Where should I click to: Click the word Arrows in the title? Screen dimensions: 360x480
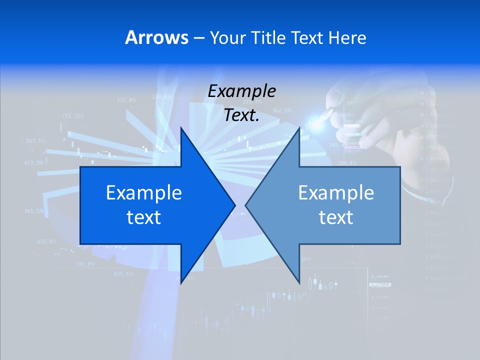pyautogui.click(x=156, y=37)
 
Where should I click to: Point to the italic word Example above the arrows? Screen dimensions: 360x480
pyautogui.click(x=242, y=91)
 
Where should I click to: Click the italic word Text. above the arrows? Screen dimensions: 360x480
pyautogui.click(x=242, y=115)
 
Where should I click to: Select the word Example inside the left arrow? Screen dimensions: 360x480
pyautogui.click(x=144, y=192)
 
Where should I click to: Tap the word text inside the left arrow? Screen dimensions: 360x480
pyautogui.click(x=144, y=217)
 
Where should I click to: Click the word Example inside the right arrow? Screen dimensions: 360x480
pyautogui.click(x=336, y=192)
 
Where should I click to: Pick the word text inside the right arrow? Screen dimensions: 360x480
pyautogui.click(x=336, y=217)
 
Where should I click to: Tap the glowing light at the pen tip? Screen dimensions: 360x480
pyautogui.click(x=315, y=120)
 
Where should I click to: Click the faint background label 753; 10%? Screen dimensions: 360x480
pyautogui.click(x=73, y=116)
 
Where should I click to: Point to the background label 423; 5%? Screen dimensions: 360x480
pyautogui.click(x=34, y=162)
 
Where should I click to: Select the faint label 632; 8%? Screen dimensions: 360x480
pyautogui.click(x=47, y=241)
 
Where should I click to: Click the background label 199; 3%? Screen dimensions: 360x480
pyautogui.click(x=85, y=263)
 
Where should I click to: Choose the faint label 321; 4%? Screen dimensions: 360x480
pyautogui.click(x=126, y=100)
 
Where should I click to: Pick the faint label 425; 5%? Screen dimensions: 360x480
pyautogui.click(x=123, y=274)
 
